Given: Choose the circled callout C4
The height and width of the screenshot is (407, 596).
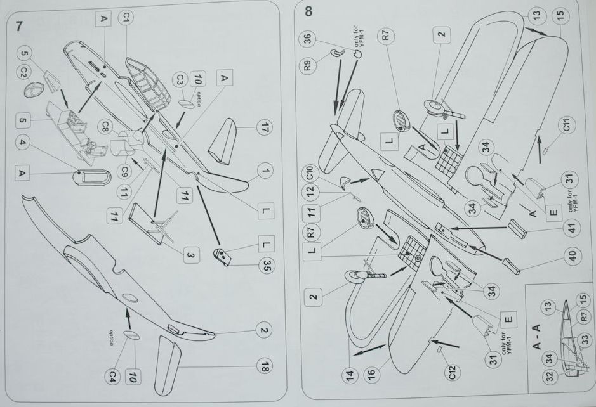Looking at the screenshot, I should pyautogui.click(x=112, y=377).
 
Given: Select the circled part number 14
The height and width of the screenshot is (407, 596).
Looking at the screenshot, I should pyautogui.click(x=349, y=375).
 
